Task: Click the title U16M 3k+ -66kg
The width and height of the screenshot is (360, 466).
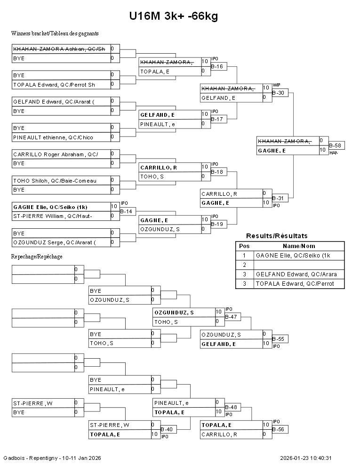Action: coord(174,16)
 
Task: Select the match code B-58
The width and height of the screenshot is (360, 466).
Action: coord(335,146)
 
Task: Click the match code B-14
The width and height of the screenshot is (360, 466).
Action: coord(126,212)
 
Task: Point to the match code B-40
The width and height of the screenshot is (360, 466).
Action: coord(167,429)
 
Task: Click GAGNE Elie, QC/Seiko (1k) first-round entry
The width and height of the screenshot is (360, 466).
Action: coord(50,207)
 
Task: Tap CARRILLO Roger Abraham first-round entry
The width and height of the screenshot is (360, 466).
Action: coord(55,154)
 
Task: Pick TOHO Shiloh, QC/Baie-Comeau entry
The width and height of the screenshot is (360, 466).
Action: coord(55,181)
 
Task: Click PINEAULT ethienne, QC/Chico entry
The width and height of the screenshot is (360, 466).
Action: coord(53,137)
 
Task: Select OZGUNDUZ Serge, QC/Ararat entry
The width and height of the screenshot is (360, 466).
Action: coord(55,242)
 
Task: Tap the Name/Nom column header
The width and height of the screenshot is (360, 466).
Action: coord(299,246)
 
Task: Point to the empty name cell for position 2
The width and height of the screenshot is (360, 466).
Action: coord(299,265)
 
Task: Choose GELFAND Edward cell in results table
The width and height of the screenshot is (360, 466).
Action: coord(296,274)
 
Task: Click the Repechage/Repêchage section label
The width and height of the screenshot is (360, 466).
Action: coord(37,257)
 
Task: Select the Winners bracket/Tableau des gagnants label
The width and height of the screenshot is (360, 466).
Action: coord(55,33)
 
